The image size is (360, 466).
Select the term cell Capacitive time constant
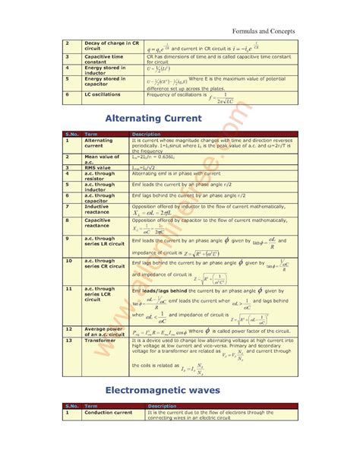(106, 59)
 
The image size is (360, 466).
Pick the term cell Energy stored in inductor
(106, 70)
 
